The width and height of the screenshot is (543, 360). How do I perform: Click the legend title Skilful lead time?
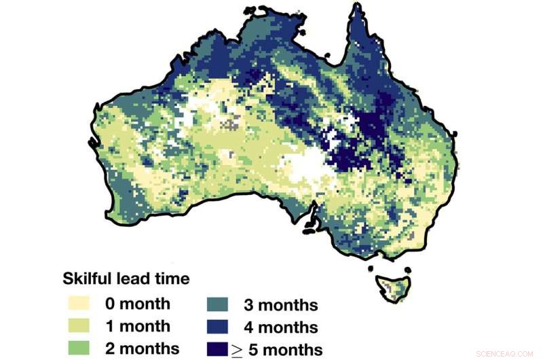click(126, 278)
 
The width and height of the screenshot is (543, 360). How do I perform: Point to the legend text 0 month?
click(138, 304)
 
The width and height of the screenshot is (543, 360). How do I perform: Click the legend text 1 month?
click(138, 326)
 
